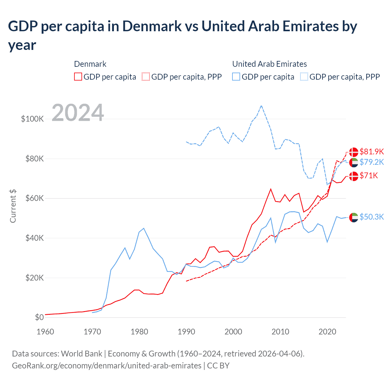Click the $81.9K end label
tap(371, 152)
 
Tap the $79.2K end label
tap(371, 162)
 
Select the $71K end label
tap(368, 175)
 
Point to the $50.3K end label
tap(371, 217)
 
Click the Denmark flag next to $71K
tap(354, 176)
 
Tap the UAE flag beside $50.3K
tap(354, 217)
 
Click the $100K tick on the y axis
tap(32, 119)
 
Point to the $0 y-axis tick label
tap(39, 317)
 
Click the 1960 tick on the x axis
tap(45, 332)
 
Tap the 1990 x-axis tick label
tap(186, 332)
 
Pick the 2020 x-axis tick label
tap(327, 332)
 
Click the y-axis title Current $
tap(13, 206)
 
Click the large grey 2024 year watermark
tap(78, 113)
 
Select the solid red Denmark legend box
tap(78, 77)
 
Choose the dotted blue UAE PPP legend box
tap(304, 77)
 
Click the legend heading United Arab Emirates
tap(269, 64)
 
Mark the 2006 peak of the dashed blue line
tap(261, 106)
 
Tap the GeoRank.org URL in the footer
tap(107, 366)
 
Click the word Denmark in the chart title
tap(152, 26)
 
